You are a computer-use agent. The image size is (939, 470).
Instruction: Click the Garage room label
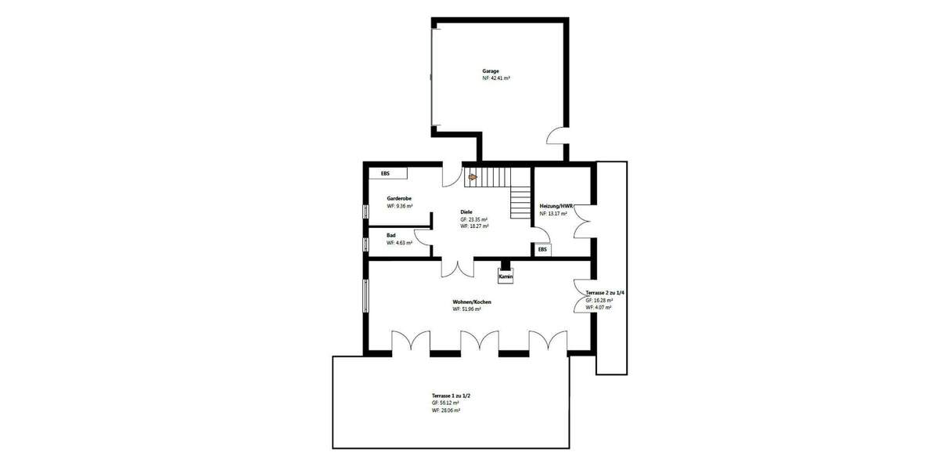[x=491, y=71]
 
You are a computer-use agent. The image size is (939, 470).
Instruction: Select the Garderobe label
[x=399, y=199]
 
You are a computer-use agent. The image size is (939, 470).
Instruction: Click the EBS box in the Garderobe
[x=385, y=173]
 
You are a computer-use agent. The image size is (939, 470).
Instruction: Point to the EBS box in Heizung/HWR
[x=542, y=250]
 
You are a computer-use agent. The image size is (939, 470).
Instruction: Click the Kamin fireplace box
[x=505, y=277]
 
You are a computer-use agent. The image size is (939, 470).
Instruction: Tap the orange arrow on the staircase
[x=472, y=177]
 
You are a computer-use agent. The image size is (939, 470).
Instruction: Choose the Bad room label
[x=391, y=235]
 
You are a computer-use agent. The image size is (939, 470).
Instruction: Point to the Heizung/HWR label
[x=557, y=206]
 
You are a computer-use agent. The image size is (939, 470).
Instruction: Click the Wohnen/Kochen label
[x=472, y=302]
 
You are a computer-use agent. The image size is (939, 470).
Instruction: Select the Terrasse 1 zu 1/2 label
[x=451, y=396]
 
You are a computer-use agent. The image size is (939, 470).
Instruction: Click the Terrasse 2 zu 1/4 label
[x=605, y=292]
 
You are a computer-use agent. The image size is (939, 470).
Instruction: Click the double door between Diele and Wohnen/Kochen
[x=457, y=268]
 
